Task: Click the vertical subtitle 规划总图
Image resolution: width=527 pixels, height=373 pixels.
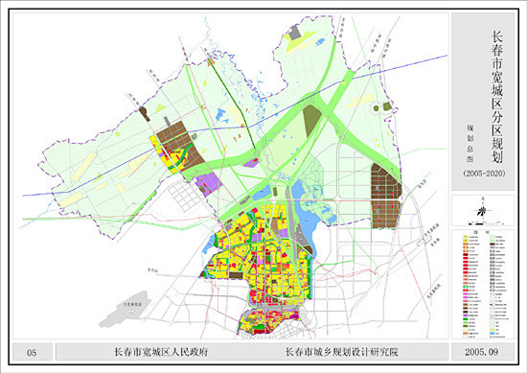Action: (x=470, y=137)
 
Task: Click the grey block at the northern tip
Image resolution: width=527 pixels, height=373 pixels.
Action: (x=295, y=33)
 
